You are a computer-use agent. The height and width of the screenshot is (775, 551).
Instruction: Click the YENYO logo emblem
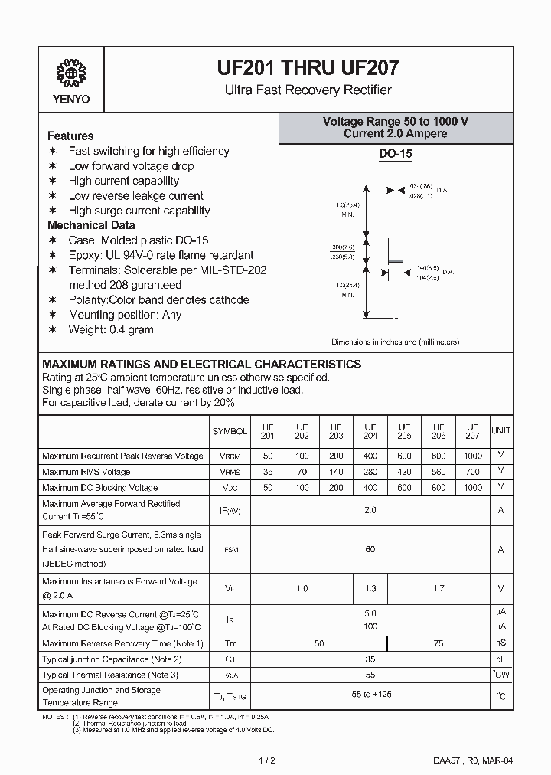(x=72, y=74)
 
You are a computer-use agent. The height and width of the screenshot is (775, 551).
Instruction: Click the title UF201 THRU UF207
(x=308, y=68)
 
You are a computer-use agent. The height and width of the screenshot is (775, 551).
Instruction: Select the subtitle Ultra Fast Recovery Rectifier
(x=308, y=90)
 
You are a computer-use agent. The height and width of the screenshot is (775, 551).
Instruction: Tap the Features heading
(x=70, y=136)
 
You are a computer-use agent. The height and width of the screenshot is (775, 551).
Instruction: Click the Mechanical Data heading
(x=91, y=225)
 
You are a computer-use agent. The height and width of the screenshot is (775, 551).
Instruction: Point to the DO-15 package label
(x=396, y=154)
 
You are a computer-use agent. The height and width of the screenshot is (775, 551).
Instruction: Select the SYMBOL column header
(x=230, y=431)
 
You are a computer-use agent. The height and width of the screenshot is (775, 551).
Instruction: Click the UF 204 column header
(x=370, y=431)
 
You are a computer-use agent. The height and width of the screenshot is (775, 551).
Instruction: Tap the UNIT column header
(x=500, y=431)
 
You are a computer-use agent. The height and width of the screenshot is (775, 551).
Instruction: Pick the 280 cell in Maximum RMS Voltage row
(x=370, y=472)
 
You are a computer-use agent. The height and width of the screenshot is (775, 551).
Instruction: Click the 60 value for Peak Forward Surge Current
(x=370, y=549)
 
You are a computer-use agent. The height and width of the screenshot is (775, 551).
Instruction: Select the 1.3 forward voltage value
(x=370, y=588)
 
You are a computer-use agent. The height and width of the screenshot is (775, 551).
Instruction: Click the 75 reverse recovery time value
(x=439, y=644)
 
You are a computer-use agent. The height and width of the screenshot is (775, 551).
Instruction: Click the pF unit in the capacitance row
(x=500, y=659)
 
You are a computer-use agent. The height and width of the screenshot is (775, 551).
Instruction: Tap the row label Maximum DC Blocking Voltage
(x=99, y=487)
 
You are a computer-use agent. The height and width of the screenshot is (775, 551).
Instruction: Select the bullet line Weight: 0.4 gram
(x=111, y=329)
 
